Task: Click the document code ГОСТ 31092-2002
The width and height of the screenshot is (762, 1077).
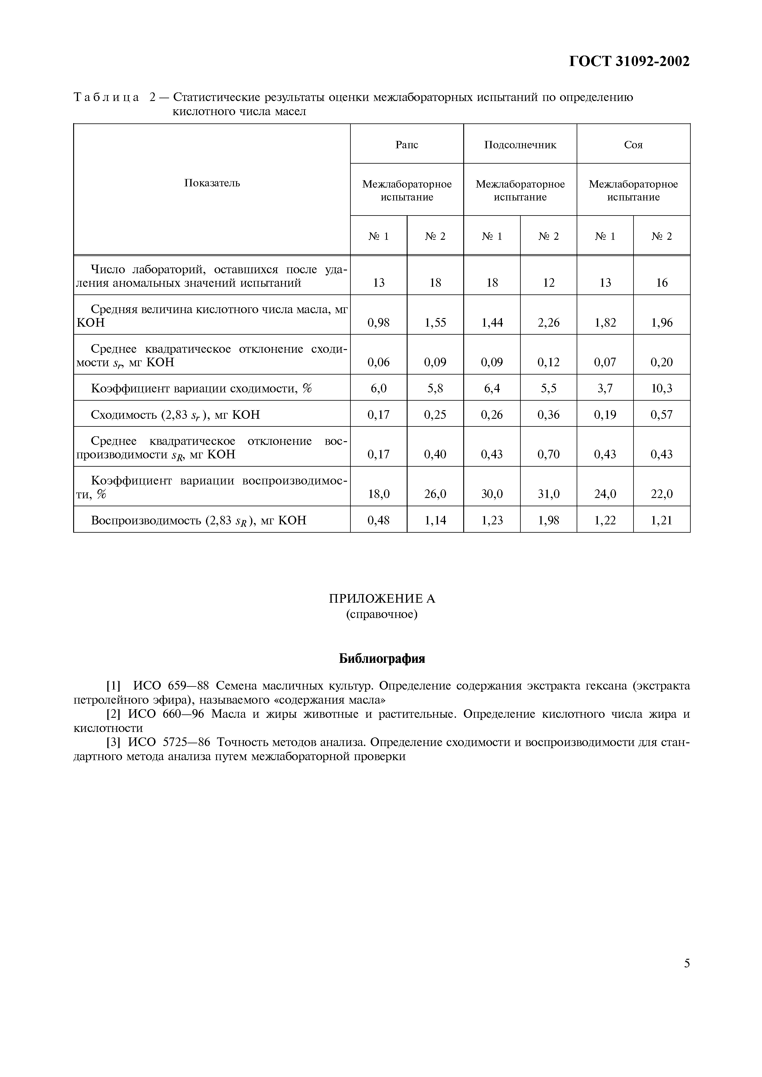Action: click(x=629, y=61)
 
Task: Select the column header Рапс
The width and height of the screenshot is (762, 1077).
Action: click(x=407, y=145)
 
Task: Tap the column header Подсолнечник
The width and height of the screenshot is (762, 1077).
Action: click(x=520, y=145)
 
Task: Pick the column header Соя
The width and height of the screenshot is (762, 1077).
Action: click(x=633, y=145)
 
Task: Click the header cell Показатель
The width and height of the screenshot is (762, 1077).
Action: click(x=212, y=183)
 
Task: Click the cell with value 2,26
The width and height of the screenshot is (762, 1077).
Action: click(x=548, y=322)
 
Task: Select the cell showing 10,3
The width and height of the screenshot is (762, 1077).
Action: click(x=661, y=388)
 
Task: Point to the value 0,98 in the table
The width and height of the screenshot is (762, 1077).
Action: click(x=378, y=322)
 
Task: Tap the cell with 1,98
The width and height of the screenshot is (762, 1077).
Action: click(x=548, y=520)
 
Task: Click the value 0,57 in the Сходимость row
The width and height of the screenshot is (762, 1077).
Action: click(x=661, y=414)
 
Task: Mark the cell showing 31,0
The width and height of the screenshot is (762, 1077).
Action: click(x=548, y=493)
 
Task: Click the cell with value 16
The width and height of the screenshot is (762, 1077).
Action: click(x=661, y=282)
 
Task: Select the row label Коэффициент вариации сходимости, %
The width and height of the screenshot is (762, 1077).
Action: click(x=201, y=388)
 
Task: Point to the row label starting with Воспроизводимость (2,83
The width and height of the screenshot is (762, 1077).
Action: click(x=198, y=520)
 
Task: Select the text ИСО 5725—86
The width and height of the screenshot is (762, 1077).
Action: click(x=169, y=742)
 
